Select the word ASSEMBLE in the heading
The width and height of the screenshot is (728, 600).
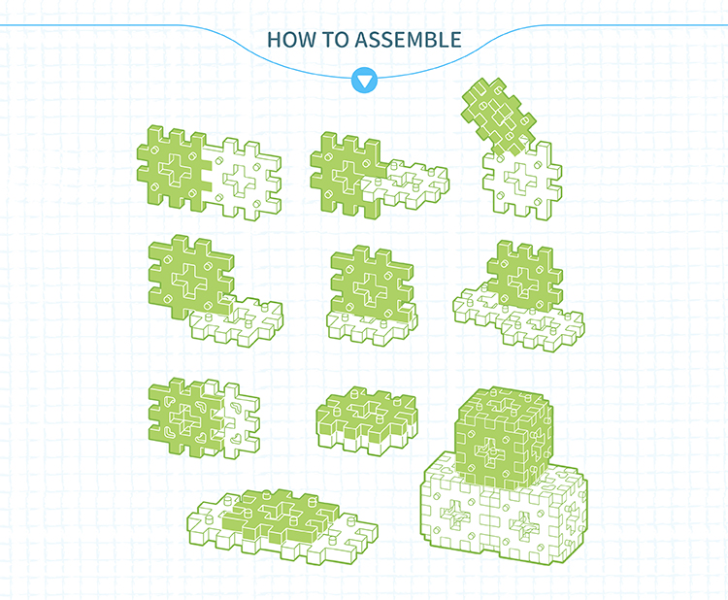pyautogui.click(x=409, y=40)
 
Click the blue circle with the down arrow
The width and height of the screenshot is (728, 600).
pyautogui.click(x=364, y=81)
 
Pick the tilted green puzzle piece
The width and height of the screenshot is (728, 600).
pyautogui.click(x=499, y=117)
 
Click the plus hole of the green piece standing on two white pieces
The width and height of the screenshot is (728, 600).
pyautogui.click(x=523, y=281)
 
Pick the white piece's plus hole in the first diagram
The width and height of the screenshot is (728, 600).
pyautogui.click(x=240, y=179)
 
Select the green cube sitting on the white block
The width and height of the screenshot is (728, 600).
pyautogui.click(x=504, y=437)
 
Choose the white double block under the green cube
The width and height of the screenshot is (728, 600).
pyautogui.click(x=504, y=509)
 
